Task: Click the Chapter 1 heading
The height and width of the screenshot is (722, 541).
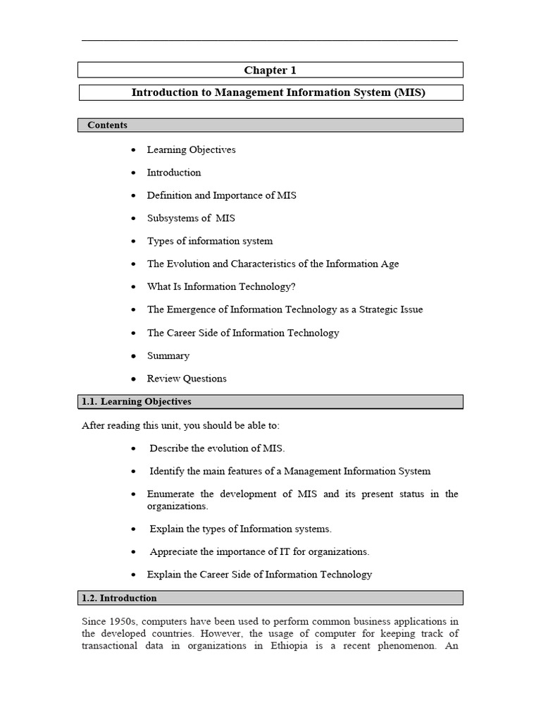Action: coord(270,70)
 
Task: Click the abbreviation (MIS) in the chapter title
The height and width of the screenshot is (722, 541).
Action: coord(411,92)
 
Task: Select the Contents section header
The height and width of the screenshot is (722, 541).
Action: coord(107,125)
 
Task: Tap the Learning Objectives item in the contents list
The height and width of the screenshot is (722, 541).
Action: coord(191,149)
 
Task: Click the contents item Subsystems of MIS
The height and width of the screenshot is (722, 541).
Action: coord(191,218)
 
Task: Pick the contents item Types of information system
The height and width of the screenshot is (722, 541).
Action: coord(209,241)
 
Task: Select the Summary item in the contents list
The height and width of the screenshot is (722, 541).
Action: coord(168,355)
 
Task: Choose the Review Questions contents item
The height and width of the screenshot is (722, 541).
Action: coord(187,379)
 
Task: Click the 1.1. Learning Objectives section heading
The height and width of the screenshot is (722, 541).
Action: coord(137,401)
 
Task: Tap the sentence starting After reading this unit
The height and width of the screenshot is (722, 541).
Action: coord(185,425)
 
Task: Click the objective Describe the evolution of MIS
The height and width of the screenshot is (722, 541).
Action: coord(217,448)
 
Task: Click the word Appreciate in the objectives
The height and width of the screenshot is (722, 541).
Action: coord(174,551)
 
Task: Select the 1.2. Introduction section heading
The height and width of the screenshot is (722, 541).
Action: coord(119,598)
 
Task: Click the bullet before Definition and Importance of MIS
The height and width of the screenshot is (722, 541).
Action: coord(133,196)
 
